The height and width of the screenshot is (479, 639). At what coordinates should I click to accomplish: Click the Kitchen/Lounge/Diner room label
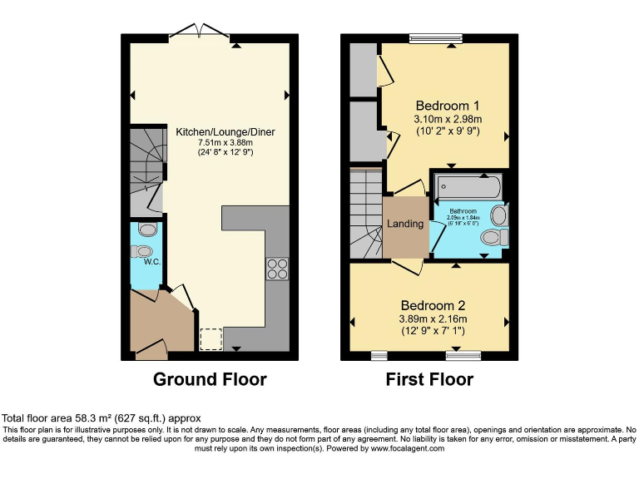point(225,131)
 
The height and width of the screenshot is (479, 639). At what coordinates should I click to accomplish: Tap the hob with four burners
point(276,269)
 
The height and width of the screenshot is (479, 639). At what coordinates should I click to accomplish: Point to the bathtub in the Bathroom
point(465,185)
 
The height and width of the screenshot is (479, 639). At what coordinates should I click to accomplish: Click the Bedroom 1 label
point(448,106)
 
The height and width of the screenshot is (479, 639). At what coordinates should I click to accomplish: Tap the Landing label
point(405,224)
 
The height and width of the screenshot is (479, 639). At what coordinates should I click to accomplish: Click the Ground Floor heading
point(210,380)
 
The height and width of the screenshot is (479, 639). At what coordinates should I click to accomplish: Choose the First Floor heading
point(429,380)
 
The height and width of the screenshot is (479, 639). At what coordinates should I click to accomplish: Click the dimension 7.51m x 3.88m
point(225,142)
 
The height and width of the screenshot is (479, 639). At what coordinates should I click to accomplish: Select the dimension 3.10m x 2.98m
point(448,119)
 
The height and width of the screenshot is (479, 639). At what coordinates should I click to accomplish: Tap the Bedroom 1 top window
point(435,37)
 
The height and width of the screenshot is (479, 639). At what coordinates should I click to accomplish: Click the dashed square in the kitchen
point(212,339)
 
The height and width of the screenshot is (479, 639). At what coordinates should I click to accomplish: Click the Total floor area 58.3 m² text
point(102,417)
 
